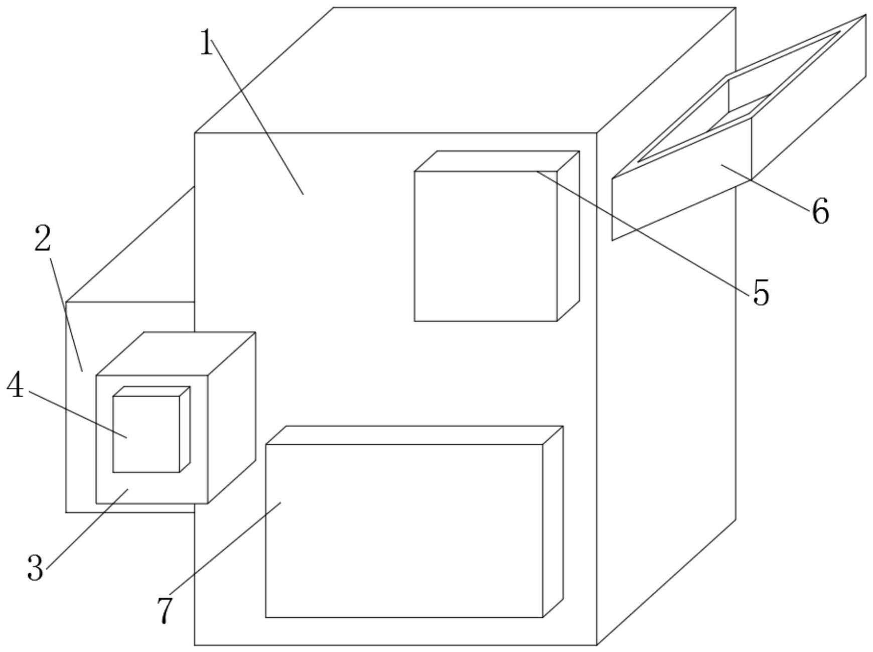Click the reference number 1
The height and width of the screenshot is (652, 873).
(206, 43)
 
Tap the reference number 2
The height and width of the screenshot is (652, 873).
(43, 239)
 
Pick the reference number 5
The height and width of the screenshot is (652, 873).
(761, 293)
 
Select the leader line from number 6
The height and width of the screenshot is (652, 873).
(768, 185)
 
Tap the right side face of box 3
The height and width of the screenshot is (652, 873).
(231, 417)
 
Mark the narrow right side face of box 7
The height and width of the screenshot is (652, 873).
(553, 522)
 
